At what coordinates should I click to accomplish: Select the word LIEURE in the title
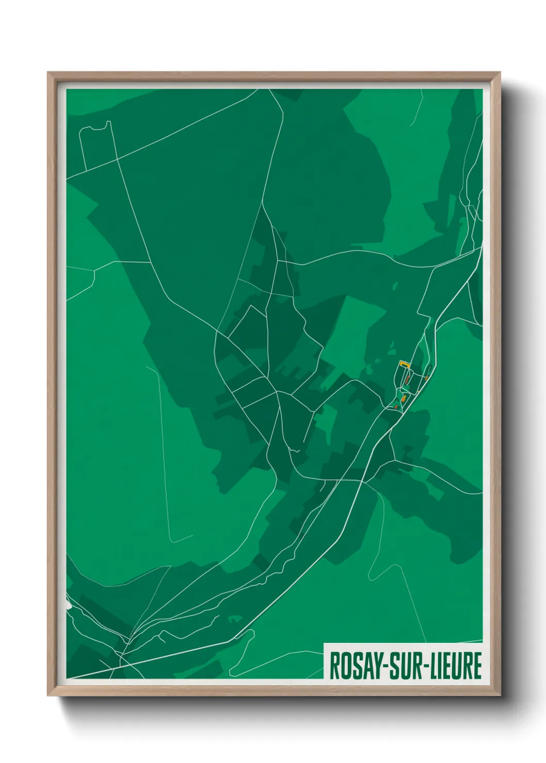[453, 666]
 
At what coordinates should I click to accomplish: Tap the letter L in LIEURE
[429, 666]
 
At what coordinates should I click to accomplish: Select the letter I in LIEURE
[437, 666]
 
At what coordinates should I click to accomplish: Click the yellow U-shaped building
[404, 363]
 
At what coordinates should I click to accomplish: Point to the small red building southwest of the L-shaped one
[396, 407]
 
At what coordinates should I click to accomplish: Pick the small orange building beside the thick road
[426, 378]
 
